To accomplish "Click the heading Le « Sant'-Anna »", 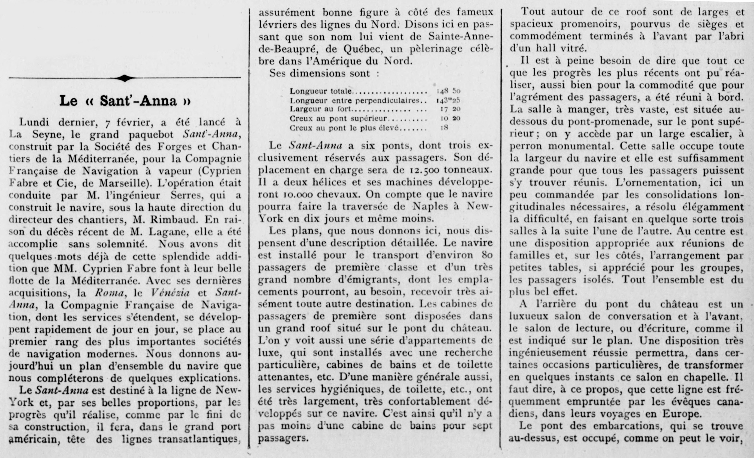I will pos(125,101).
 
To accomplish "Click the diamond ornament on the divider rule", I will pos(124,78).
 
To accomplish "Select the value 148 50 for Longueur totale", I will pos(448,91).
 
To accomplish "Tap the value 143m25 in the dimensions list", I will pos(448,100).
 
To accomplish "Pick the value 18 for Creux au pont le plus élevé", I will pos(444,128).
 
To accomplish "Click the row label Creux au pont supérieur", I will pos(338,119).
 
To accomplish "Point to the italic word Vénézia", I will pos(170,293).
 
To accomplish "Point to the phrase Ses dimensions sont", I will pos(320,73).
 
